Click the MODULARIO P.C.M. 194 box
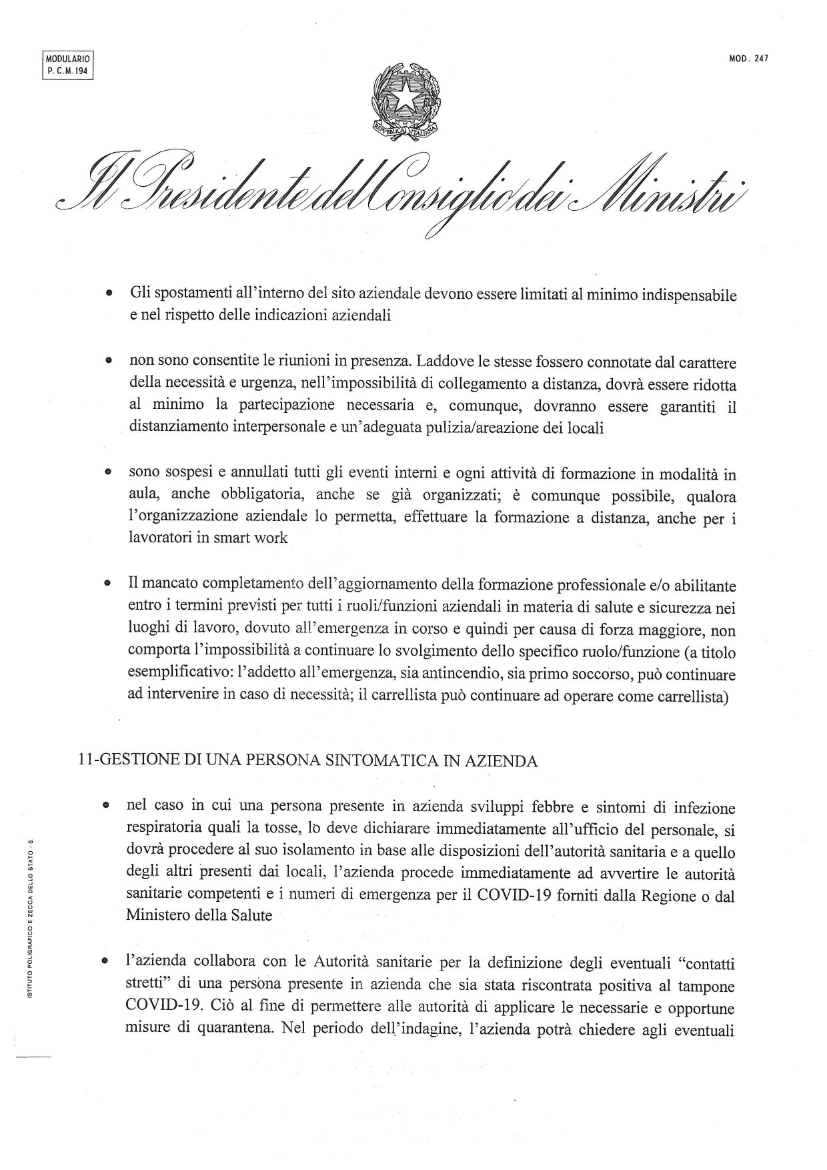tap(67, 65)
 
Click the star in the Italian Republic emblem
tap(405, 98)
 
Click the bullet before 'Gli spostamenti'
tap(107, 294)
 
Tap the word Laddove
tap(445, 362)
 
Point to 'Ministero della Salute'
tap(199, 915)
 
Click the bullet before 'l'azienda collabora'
tap(105, 962)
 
